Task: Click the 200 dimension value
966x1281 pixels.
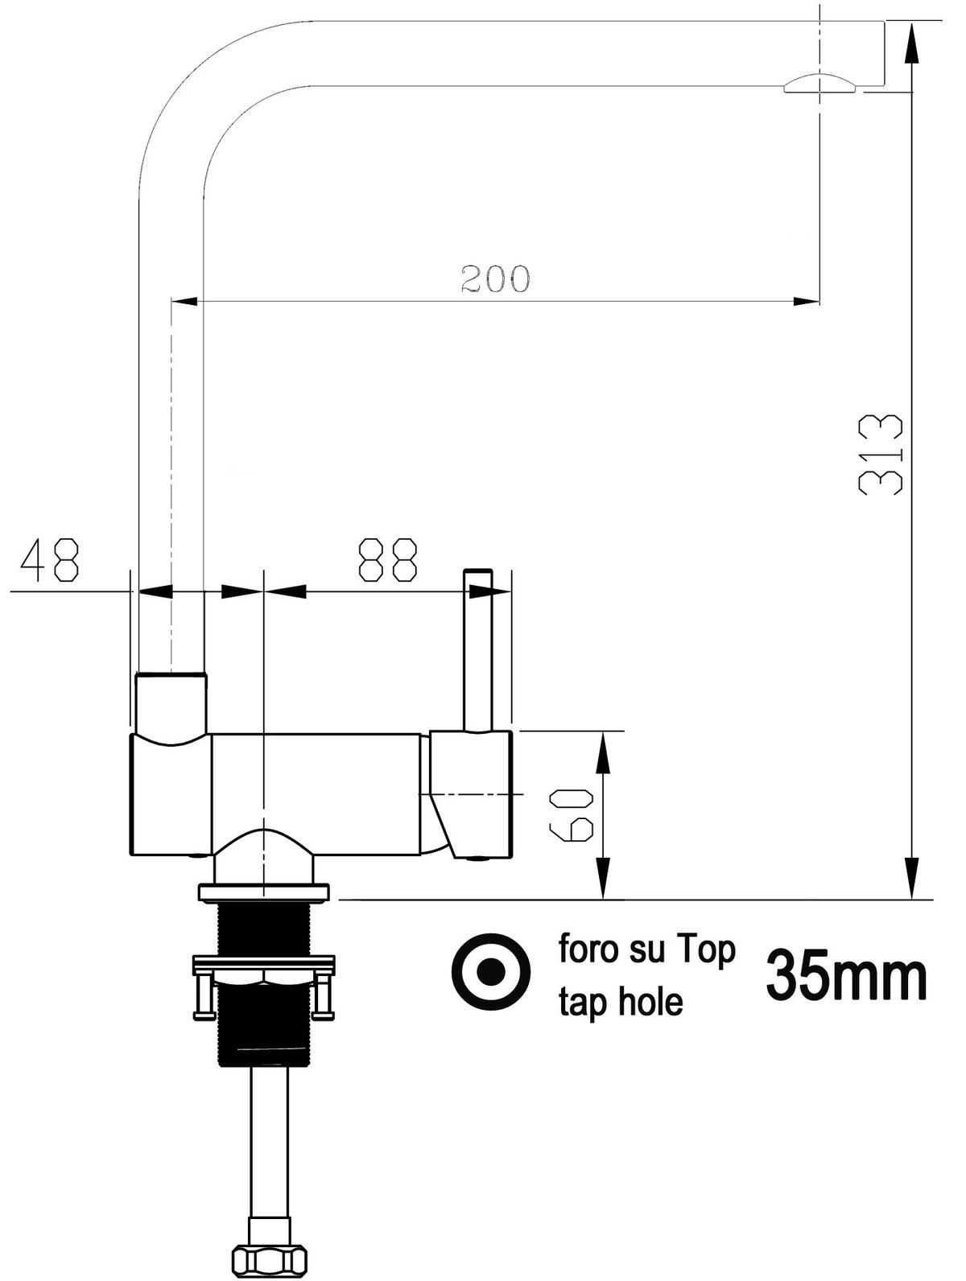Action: coord(495,278)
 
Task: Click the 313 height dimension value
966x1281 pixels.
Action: coord(880,454)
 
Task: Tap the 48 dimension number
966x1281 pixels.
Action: coord(50,560)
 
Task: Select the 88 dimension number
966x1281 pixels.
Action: coord(389,560)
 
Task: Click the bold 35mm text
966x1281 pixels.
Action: coord(846,975)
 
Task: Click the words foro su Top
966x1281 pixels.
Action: coord(647,950)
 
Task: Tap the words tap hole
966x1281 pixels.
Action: coord(621,1002)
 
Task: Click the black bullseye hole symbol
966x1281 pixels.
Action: coord(491,973)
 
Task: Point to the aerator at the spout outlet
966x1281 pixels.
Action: coord(820,84)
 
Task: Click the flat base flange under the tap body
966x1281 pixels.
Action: coord(264,892)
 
